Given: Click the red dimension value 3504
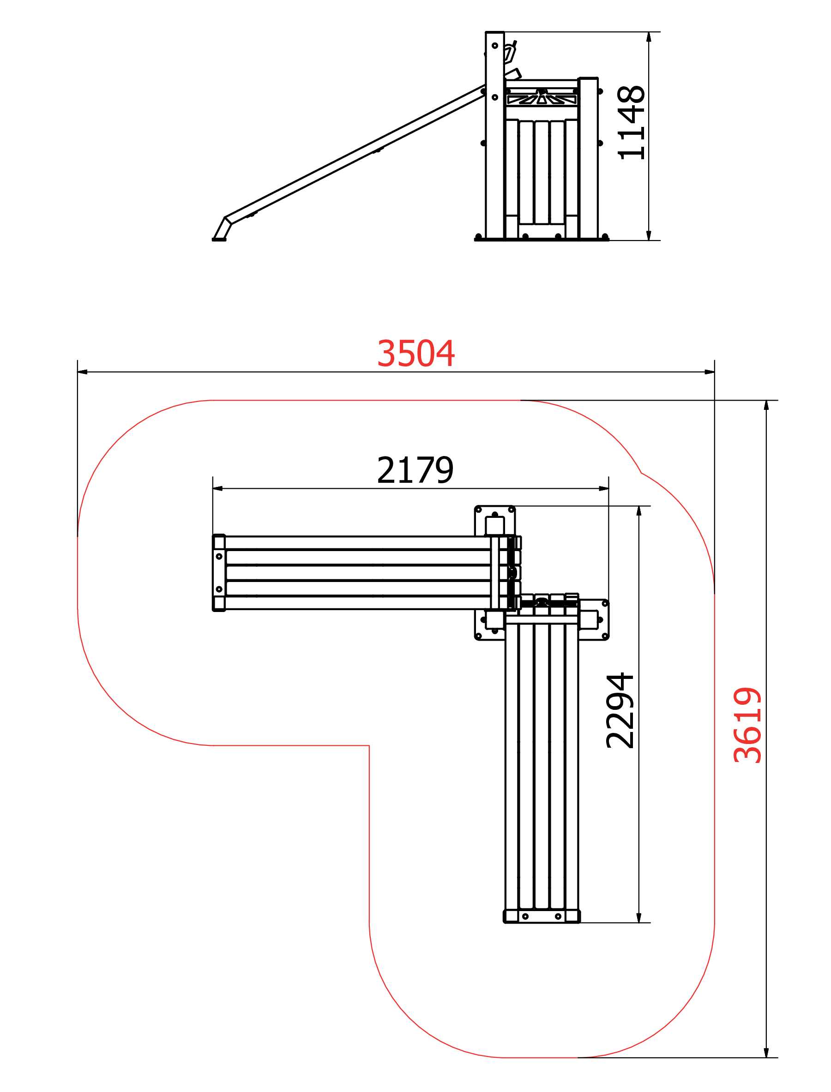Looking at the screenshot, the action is [x=415, y=354].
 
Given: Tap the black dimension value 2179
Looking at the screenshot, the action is [x=415, y=470].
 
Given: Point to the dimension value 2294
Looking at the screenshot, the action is [x=620, y=711].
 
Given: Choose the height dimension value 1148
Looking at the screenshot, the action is [x=632, y=123].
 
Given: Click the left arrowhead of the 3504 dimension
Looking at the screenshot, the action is [x=83, y=372].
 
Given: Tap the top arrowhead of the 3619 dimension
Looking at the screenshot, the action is [x=766, y=406].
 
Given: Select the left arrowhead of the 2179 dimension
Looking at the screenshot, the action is [x=217, y=489].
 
